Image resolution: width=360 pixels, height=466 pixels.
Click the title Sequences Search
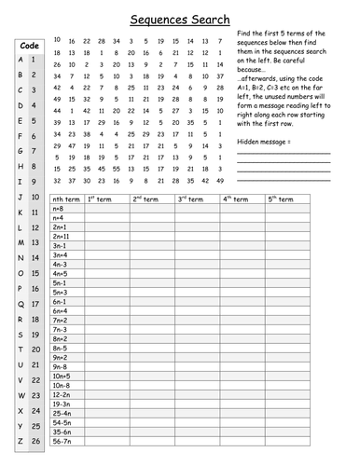(x=179, y=17)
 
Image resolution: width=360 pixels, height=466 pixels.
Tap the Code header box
(x=29, y=45)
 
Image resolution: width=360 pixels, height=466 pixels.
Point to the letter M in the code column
(x=21, y=242)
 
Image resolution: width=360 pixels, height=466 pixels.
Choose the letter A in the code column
(x=21, y=60)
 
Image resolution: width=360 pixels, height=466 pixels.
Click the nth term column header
(x=66, y=199)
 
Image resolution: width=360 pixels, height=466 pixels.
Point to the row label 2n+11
(x=62, y=237)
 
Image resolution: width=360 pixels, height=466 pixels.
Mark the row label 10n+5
(x=62, y=374)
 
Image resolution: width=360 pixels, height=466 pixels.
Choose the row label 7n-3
(x=60, y=329)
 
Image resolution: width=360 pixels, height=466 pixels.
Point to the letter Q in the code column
(x=21, y=303)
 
